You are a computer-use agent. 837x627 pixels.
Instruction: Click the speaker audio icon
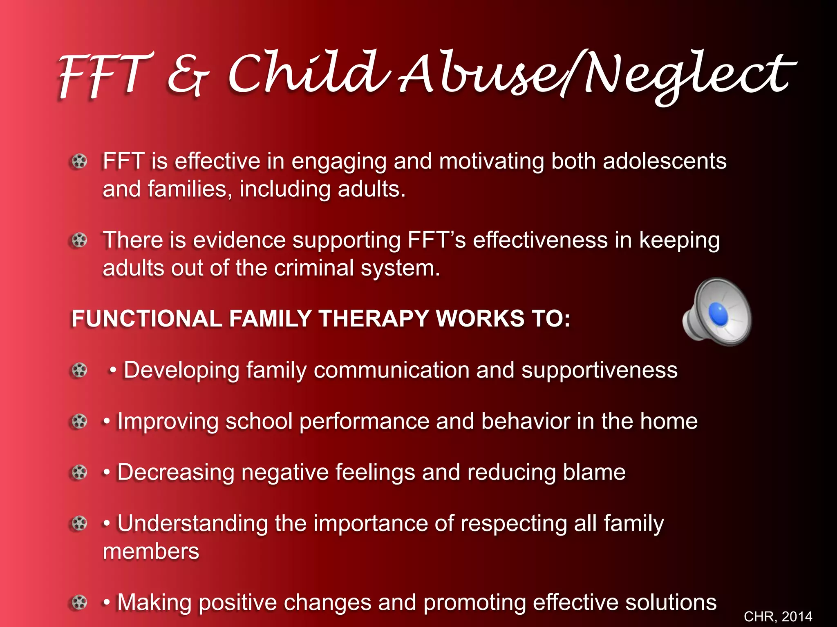tap(717, 312)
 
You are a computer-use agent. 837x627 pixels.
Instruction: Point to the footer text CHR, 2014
tap(778, 616)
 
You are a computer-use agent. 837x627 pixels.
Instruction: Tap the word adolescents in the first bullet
tap(665, 161)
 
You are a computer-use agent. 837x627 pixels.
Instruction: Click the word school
tap(259, 421)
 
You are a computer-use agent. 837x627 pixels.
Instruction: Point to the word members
tap(151, 552)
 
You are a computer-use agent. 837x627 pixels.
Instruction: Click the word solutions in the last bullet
tap(671, 603)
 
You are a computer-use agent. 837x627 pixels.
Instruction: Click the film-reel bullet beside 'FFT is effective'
tap(79, 162)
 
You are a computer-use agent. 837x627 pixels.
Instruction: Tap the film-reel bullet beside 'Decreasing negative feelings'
tap(79, 473)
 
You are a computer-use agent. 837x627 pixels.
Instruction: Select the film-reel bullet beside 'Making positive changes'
tap(79, 603)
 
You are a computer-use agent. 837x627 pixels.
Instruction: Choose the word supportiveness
tap(599, 371)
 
